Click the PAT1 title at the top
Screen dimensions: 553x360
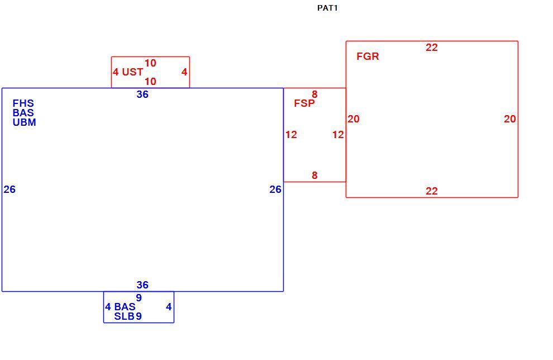pyautogui.click(x=327, y=8)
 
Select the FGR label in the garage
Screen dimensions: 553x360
pyautogui.click(x=368, y=56)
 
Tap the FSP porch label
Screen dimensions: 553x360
pyautogui.click(x=304, y=103)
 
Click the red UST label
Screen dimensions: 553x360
pyautogui.click(x=132, y=72)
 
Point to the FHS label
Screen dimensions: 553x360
pyautogui.click(x=23, y=103)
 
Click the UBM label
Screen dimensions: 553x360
pyautogui.click(x=25, y=122)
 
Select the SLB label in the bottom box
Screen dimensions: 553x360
pyautogui.click(x=124, y=316)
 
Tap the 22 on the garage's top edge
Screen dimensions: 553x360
pyautogui.click(x=431, y=48)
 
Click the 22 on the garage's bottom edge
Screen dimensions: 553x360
pyautogui.click(x=431, y=191)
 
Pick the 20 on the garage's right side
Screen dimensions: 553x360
pyautogui.click(x=509, y=119)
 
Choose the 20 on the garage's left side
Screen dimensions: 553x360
pyautogui.click(x=354, y=119)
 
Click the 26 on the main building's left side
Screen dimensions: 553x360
pyautogui.click(x=9, y=190)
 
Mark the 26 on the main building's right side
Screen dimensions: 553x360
pyautogui.click(x=275, y=190)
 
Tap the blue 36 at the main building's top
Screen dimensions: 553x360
pyautogui.click(x=142, y=94)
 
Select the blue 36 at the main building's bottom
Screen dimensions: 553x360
pyautogui.click(x=142, y=285)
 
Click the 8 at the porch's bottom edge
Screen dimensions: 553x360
pyautogui.click(x=314, y=175)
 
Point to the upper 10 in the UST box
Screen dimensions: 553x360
pyautogui.click(x=150, y=63)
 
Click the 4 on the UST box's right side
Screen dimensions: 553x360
pyautogui.click(x=184, y=72)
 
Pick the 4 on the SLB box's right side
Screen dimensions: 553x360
pyautogui.click(x=169, y=307)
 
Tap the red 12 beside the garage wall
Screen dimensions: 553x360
pyautogui.click(x=338, y=135)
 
